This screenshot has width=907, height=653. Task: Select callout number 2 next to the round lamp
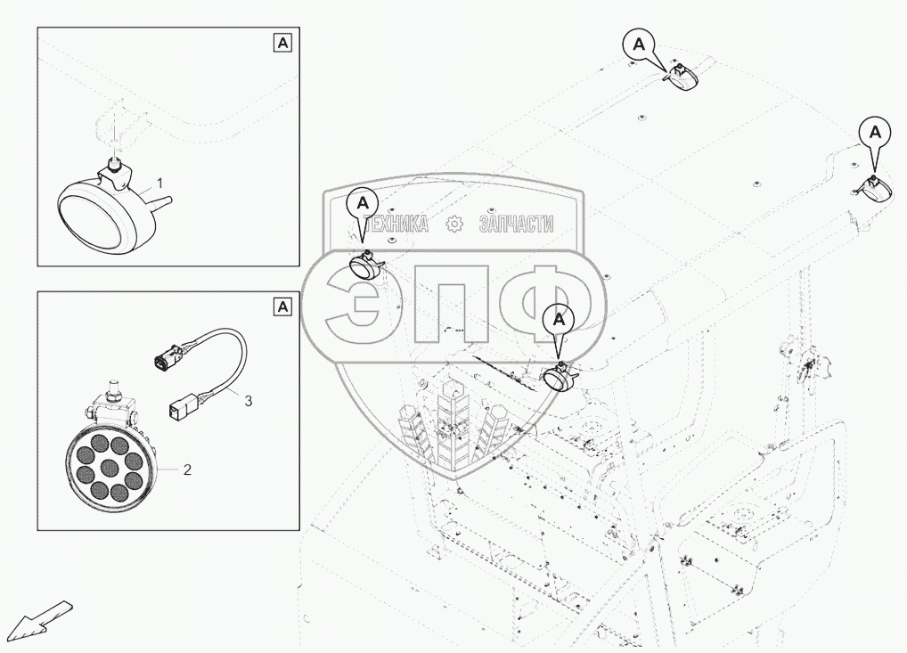pos(186,468)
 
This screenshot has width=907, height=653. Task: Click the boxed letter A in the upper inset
pos(282,43)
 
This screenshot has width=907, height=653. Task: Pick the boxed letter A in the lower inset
pos(282,306)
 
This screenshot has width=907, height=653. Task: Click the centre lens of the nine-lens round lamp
pos(111,463)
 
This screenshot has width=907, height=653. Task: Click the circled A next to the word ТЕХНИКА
pos(363,204)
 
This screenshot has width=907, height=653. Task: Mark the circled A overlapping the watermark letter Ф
pos(559,317)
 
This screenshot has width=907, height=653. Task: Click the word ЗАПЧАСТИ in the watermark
pos(516,224)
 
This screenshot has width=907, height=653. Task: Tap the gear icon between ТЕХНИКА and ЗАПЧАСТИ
pos(454,224)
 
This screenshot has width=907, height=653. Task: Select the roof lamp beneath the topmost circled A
pos(682,78)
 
